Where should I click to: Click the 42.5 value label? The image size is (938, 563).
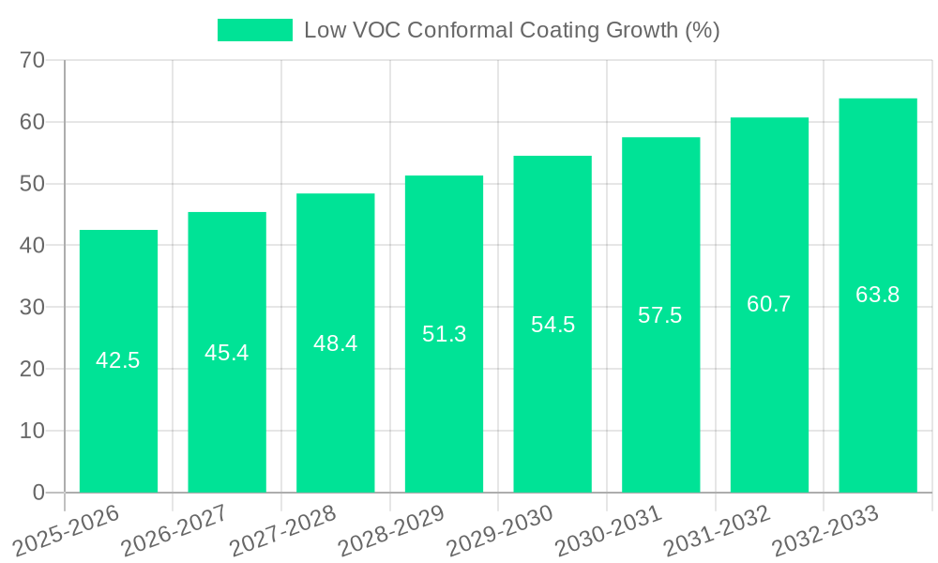[118, 360]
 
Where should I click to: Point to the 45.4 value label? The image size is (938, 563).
[227, 353]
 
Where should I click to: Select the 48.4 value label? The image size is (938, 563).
[335, 343]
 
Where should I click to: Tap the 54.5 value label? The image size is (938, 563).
[552, 325]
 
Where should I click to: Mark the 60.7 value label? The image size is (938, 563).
[769, 304]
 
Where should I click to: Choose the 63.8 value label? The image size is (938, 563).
[877, 295]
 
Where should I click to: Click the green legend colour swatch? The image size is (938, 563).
[254, 30]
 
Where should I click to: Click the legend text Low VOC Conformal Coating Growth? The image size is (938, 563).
[511, 30]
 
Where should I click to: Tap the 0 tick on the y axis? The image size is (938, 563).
[38, 493]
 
